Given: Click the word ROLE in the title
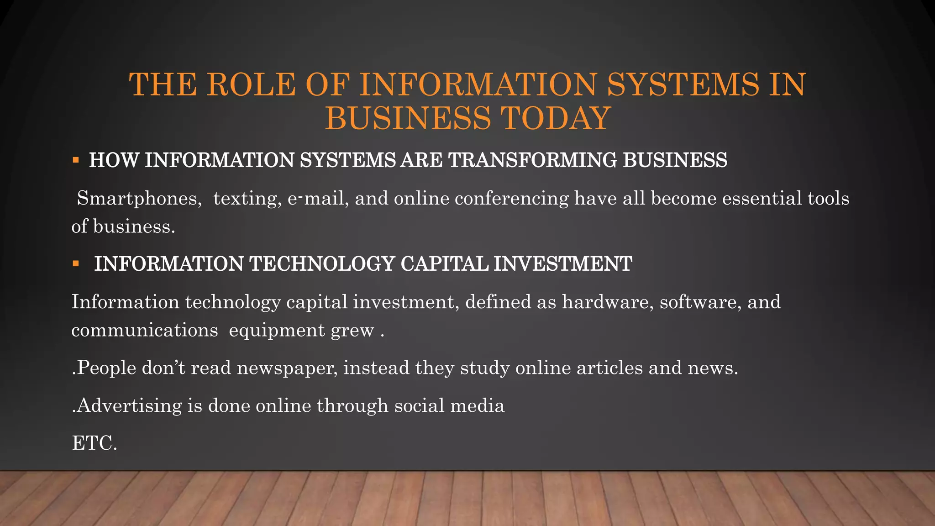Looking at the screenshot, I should click(x=251, y=85).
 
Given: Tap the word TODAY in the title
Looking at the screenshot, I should click(x=556, y=118).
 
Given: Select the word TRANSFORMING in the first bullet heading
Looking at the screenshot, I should click(x=532, y=160).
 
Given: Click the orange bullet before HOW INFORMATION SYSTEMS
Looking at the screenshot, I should click(x=76, y=160).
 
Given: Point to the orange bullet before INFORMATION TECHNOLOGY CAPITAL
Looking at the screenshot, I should click(x=76, y=264).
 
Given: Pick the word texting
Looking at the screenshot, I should click(x=247, y=199).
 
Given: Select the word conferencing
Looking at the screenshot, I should click(x=511, y=199).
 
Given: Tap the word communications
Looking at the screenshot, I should click(x=144, y=331).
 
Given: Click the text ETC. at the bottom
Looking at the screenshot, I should click(x=95, y=443).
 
